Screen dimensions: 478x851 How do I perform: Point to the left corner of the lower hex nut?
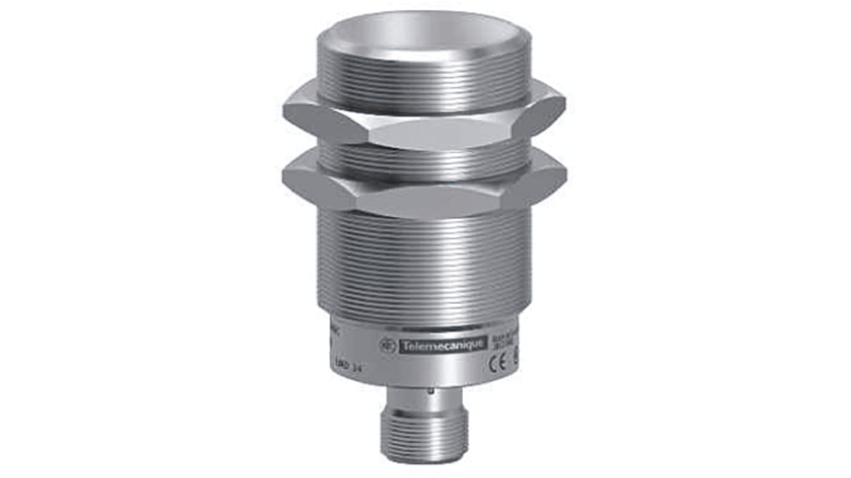[285, 176]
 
